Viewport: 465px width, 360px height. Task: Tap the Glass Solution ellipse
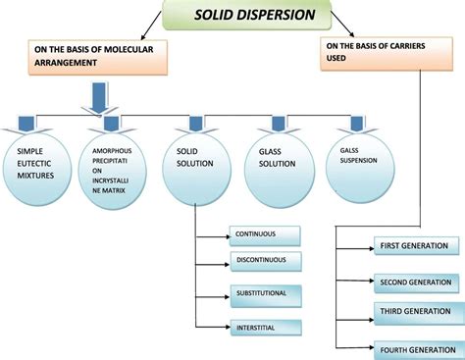tap(277, 162)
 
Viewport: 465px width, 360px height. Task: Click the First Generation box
tap(418, 245)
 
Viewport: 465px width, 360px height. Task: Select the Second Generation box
tap(418, 282)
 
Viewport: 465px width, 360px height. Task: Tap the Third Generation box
tap(418, 312)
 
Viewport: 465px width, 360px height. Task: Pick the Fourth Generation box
tap(418, 347)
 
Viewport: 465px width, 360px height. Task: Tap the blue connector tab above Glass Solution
tap(278, 124)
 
